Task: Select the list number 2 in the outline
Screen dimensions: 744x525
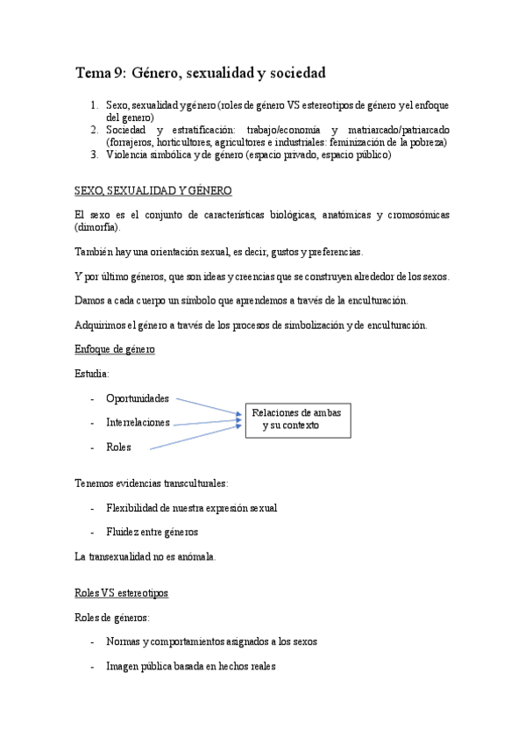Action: tap(96, 130)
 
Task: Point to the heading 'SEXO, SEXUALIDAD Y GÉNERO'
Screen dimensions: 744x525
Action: tap(153, 190)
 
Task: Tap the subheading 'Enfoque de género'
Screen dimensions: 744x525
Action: tap(116, 350)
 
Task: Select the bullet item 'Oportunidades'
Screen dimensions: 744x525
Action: tap(138, 398)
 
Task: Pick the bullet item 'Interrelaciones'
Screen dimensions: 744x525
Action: tap(138, 423)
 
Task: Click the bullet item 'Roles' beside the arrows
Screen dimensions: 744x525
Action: tap(118, 447)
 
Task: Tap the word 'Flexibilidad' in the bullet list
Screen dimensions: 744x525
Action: tap(131, 508)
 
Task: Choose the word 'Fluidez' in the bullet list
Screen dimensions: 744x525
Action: tap(124, 532)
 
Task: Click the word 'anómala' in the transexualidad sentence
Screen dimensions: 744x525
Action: tap(196, 556)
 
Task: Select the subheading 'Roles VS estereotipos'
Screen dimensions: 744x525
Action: tap(122, 593)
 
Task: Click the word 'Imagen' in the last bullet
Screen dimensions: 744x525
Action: tap(122, 666)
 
